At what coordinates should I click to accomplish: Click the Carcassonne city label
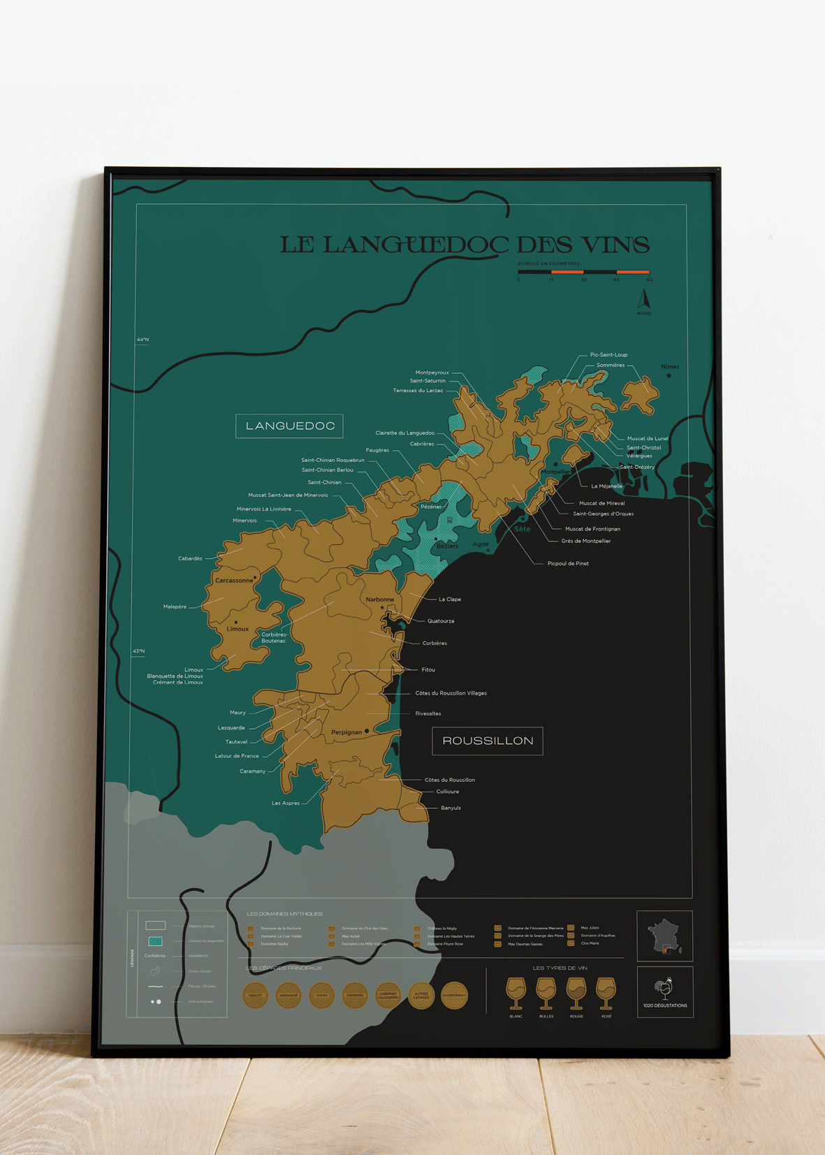[233, 580]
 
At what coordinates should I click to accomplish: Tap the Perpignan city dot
[367, 731]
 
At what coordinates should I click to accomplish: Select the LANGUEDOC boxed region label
[289, 426]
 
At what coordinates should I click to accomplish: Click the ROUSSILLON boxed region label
[487, 741]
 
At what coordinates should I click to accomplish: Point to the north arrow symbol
[644, 300]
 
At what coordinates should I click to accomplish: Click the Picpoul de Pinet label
[567, 563]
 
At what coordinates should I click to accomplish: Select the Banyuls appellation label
[451, 808]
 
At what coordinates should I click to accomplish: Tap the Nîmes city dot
[669, 375]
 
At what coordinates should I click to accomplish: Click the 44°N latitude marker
[143, 340]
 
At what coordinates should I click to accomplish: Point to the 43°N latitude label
[139, 651]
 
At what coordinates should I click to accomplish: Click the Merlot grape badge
[255, 995]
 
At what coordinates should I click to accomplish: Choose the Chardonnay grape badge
[454, 995]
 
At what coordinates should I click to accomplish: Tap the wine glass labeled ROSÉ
[606, 992]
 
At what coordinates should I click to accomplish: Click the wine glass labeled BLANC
[516, 992]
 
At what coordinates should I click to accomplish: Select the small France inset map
[664, 936]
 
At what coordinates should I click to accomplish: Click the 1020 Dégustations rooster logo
[664, 989]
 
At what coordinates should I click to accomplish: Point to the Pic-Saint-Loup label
[608, 354]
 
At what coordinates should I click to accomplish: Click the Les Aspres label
[285, 803]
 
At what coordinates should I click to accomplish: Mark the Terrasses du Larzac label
[417, 391]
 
